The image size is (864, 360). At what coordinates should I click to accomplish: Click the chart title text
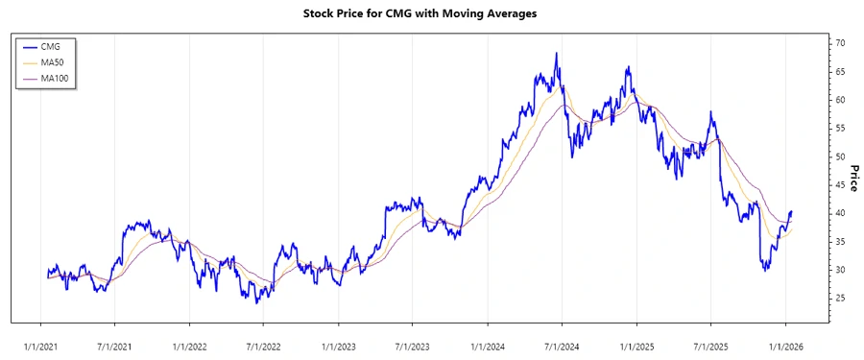point(432,13)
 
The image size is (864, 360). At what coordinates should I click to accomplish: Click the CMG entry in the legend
point(50,46)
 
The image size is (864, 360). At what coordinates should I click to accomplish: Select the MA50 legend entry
point(53,61)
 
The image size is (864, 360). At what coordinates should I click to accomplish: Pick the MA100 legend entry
point(55,77)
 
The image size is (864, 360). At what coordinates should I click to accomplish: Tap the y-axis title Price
point(852,178)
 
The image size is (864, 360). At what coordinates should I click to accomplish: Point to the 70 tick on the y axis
point(839,44)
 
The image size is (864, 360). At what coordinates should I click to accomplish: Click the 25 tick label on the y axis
point(839,299)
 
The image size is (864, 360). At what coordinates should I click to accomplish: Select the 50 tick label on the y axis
point(839,157)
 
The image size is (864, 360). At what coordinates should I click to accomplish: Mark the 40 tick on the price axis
point(839,213)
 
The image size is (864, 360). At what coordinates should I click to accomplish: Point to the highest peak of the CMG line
point(557,54)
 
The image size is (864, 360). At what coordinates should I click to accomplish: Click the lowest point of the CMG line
point(256,302)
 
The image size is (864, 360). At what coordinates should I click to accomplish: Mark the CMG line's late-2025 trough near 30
point(765,271)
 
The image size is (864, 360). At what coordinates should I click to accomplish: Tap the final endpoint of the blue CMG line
point(792,211)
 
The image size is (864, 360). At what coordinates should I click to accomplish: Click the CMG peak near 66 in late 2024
point(628,67)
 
